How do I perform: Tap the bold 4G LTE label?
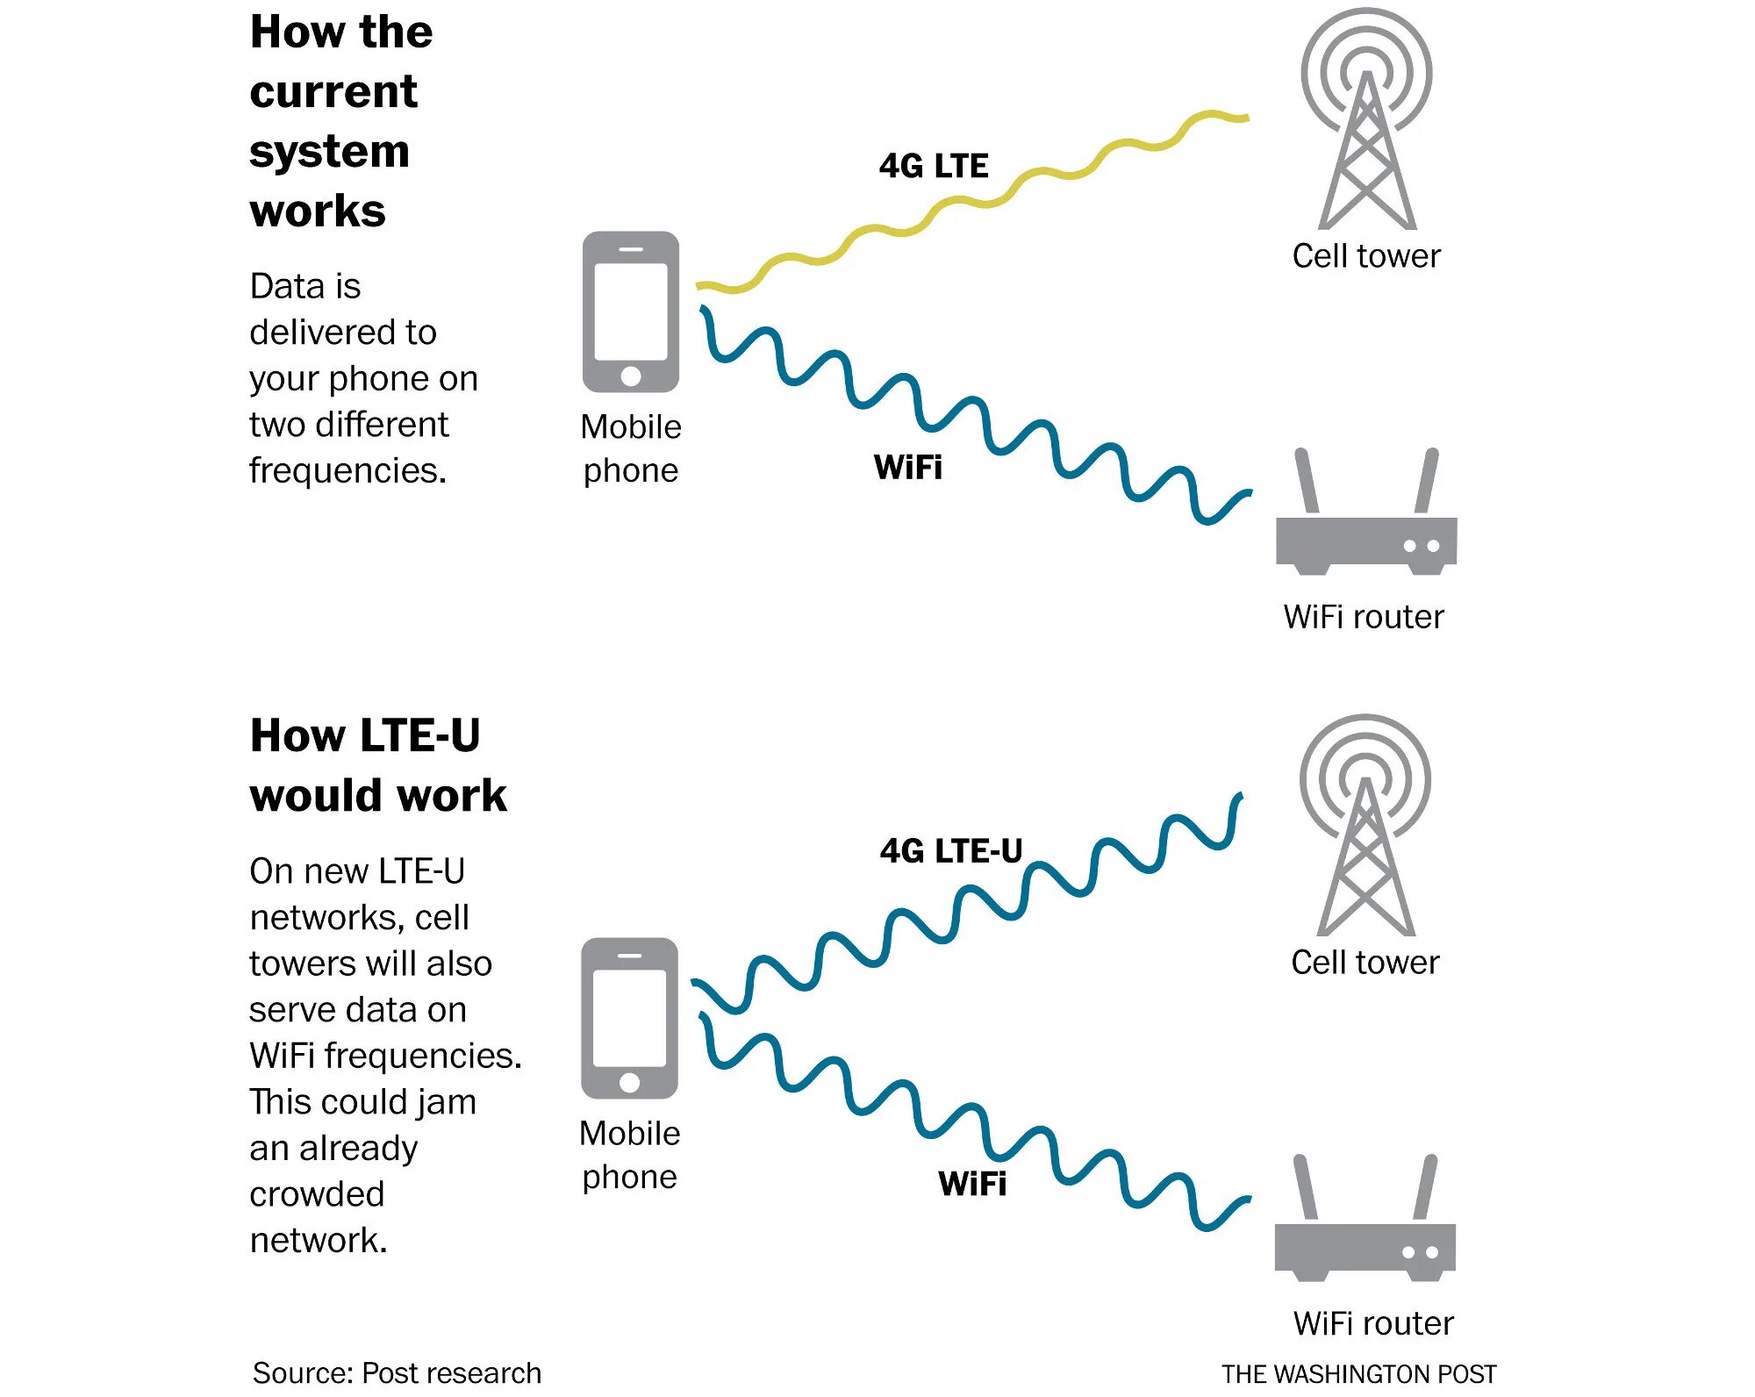point(933,166)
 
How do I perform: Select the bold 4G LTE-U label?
point(950,851)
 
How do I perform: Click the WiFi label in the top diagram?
point(907,467)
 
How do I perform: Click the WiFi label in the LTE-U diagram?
point(971,1183)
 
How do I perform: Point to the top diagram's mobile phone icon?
point(630,312)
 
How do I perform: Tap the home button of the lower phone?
point(629,1083)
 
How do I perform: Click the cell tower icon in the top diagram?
point(1366,123)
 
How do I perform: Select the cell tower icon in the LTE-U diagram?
point(1365,829)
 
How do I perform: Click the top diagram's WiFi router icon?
point(1365,527)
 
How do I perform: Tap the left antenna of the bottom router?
point(1306,1187)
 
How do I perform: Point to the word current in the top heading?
point(333,92)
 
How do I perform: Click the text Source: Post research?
point(397,1372)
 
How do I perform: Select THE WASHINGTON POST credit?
point(1358,1373)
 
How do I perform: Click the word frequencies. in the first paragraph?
point(347,470)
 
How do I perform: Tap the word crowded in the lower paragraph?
point(317,1194)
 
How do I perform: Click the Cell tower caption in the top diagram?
point(1365,256)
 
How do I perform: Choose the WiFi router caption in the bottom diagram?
point(1372,1323)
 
